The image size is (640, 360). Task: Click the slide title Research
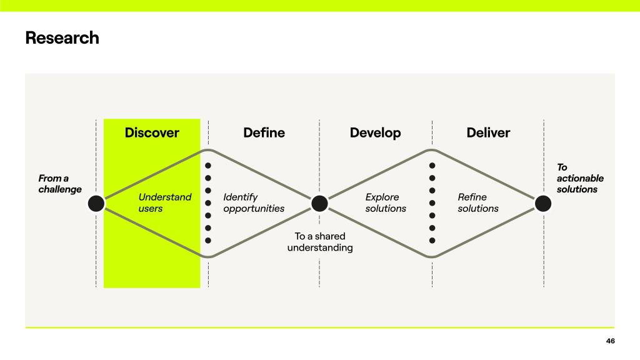tap(62, 38)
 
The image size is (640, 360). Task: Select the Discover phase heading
tap(152, 132)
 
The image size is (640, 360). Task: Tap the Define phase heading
tap(264, 132)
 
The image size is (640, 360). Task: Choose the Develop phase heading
tap(375, 132)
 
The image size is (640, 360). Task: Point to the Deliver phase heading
tap(488, 132)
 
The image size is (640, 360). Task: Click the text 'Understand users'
tap(165, 202)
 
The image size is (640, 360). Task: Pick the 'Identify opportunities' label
tap(254, 202)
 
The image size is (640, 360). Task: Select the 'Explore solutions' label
tap(386, 202)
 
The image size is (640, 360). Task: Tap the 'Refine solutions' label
tap(478, 202)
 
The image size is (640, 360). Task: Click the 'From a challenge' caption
tap(60, 184)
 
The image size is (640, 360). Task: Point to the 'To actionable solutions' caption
tap(580, 178)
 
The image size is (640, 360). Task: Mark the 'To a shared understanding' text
tap(320, 242)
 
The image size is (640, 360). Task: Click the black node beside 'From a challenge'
tap(96, 203)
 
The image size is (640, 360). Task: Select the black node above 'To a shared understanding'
tap(319, 203)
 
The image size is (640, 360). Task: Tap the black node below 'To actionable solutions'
tap(543, 203)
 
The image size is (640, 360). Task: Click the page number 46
tap(610, 341)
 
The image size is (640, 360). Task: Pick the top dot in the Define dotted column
tap(208, 166)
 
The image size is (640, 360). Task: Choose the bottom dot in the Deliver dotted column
tap(432, 240)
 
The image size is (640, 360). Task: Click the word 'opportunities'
tap(254, 208)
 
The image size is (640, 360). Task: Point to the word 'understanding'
tap(320, 247)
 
